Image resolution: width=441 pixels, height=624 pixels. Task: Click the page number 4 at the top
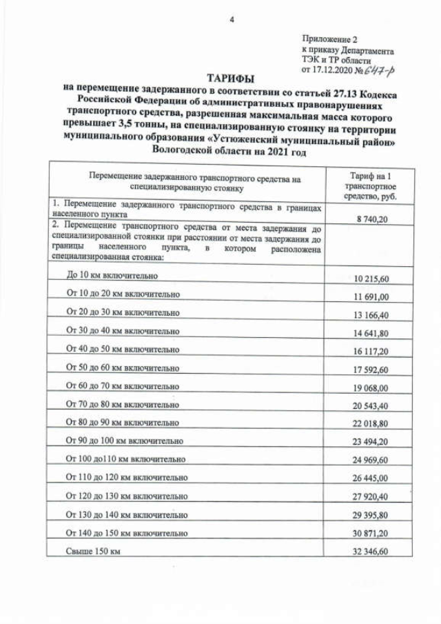pyautogui.click(x=231, y=20)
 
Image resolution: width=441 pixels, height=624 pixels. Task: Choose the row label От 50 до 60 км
pyautogui.click(x=123, y=368)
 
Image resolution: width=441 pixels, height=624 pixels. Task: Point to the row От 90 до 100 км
pyautogui.click(x=125, y=440)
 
